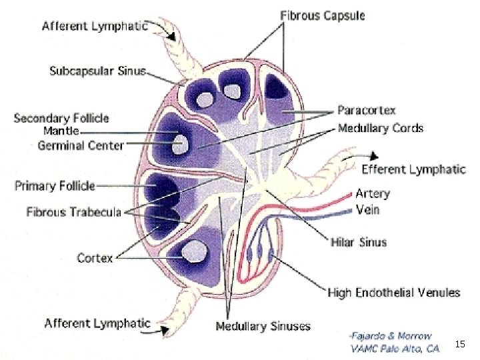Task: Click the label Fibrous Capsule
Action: (322, 15)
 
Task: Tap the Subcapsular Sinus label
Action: (97, 71)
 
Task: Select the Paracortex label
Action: (366, 110)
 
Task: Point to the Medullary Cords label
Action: (380, 127)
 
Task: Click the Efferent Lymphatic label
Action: (413, 169)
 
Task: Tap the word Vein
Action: (367, 209)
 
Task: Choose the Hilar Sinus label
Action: (359, 241)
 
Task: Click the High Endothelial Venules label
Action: (393, 292)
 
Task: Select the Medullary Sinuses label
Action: (263, 326)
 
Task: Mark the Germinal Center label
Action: (80, 145)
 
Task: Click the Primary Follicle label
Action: (55, 186)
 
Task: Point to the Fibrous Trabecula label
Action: (73, 212)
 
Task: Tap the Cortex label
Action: (95, 257)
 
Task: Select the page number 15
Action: (459, 344)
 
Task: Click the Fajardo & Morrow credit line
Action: (391, 335)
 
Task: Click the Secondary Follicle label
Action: (61, 118)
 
